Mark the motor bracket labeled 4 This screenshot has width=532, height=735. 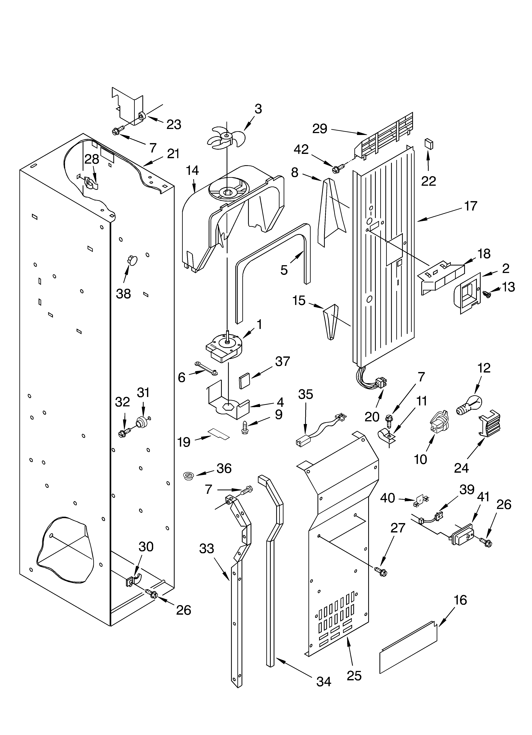228,408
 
